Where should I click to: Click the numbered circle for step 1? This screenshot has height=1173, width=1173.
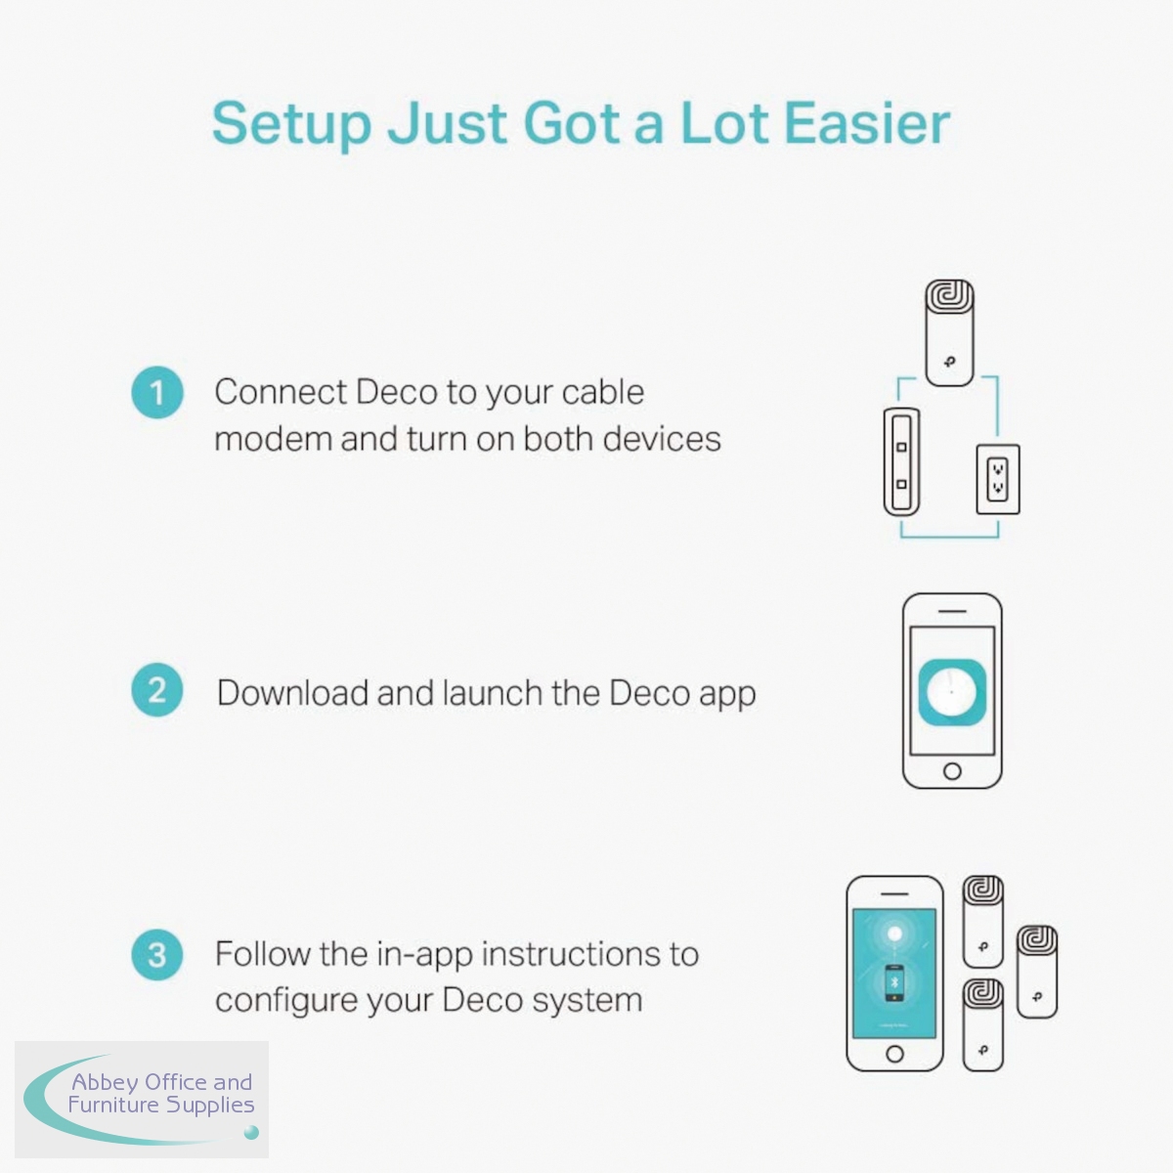click(157, 392)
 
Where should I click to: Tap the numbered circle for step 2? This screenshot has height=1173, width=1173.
click(157, 690)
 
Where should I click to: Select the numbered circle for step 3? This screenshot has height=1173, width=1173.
click(157, 955)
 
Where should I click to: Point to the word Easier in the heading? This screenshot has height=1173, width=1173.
click(867, 123)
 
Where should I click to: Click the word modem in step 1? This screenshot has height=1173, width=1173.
click(274, 439)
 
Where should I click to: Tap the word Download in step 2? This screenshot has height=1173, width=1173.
click(293, 693)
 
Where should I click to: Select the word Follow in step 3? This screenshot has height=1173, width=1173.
click(263, 954)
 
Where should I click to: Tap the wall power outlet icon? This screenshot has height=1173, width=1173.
click(998, 479)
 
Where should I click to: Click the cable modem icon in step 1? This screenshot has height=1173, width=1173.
click(901, 462)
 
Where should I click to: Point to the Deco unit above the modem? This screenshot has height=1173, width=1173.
click(949, 332)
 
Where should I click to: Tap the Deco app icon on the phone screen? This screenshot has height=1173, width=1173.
click(952, 692)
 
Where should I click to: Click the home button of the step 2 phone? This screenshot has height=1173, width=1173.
click(952, 771)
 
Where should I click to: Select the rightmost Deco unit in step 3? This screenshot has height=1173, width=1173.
click(1037, 972)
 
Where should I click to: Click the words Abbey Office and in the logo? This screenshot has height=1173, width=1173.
click(161, 1082)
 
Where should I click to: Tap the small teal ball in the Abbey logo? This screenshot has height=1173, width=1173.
click(251, 1132)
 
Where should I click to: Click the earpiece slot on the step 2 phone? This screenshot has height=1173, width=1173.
click(952, 611)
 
